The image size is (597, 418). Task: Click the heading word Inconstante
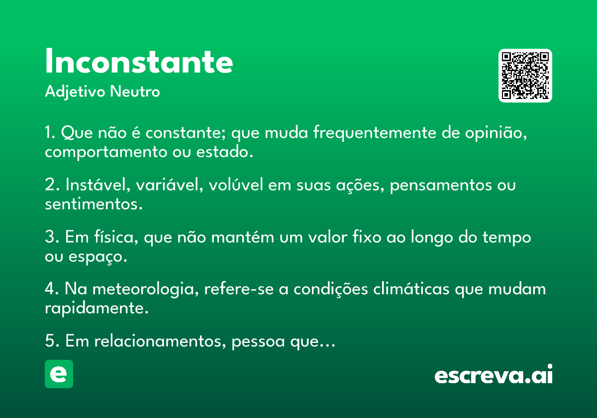pos(139,61)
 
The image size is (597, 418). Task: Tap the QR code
pos(525,76)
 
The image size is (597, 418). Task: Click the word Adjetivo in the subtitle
pos(75,92)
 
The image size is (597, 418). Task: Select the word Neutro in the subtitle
pos(135,92)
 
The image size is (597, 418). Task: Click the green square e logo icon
pos(59,374)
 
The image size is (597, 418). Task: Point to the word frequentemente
pos(375,132)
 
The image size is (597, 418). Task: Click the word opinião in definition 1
pos(496,132)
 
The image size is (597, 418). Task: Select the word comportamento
pos(106,152)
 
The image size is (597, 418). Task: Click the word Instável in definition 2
pos(98,185)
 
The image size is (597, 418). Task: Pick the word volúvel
pos(236,185)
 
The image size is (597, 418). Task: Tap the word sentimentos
pos(94,204)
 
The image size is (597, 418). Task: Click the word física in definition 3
pos(116,237)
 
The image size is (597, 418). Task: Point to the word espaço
pos(98,257)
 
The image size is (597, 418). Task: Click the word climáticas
pos(411,289)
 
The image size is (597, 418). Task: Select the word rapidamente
pos(97,309)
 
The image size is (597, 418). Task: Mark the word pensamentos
pos(441,185)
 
